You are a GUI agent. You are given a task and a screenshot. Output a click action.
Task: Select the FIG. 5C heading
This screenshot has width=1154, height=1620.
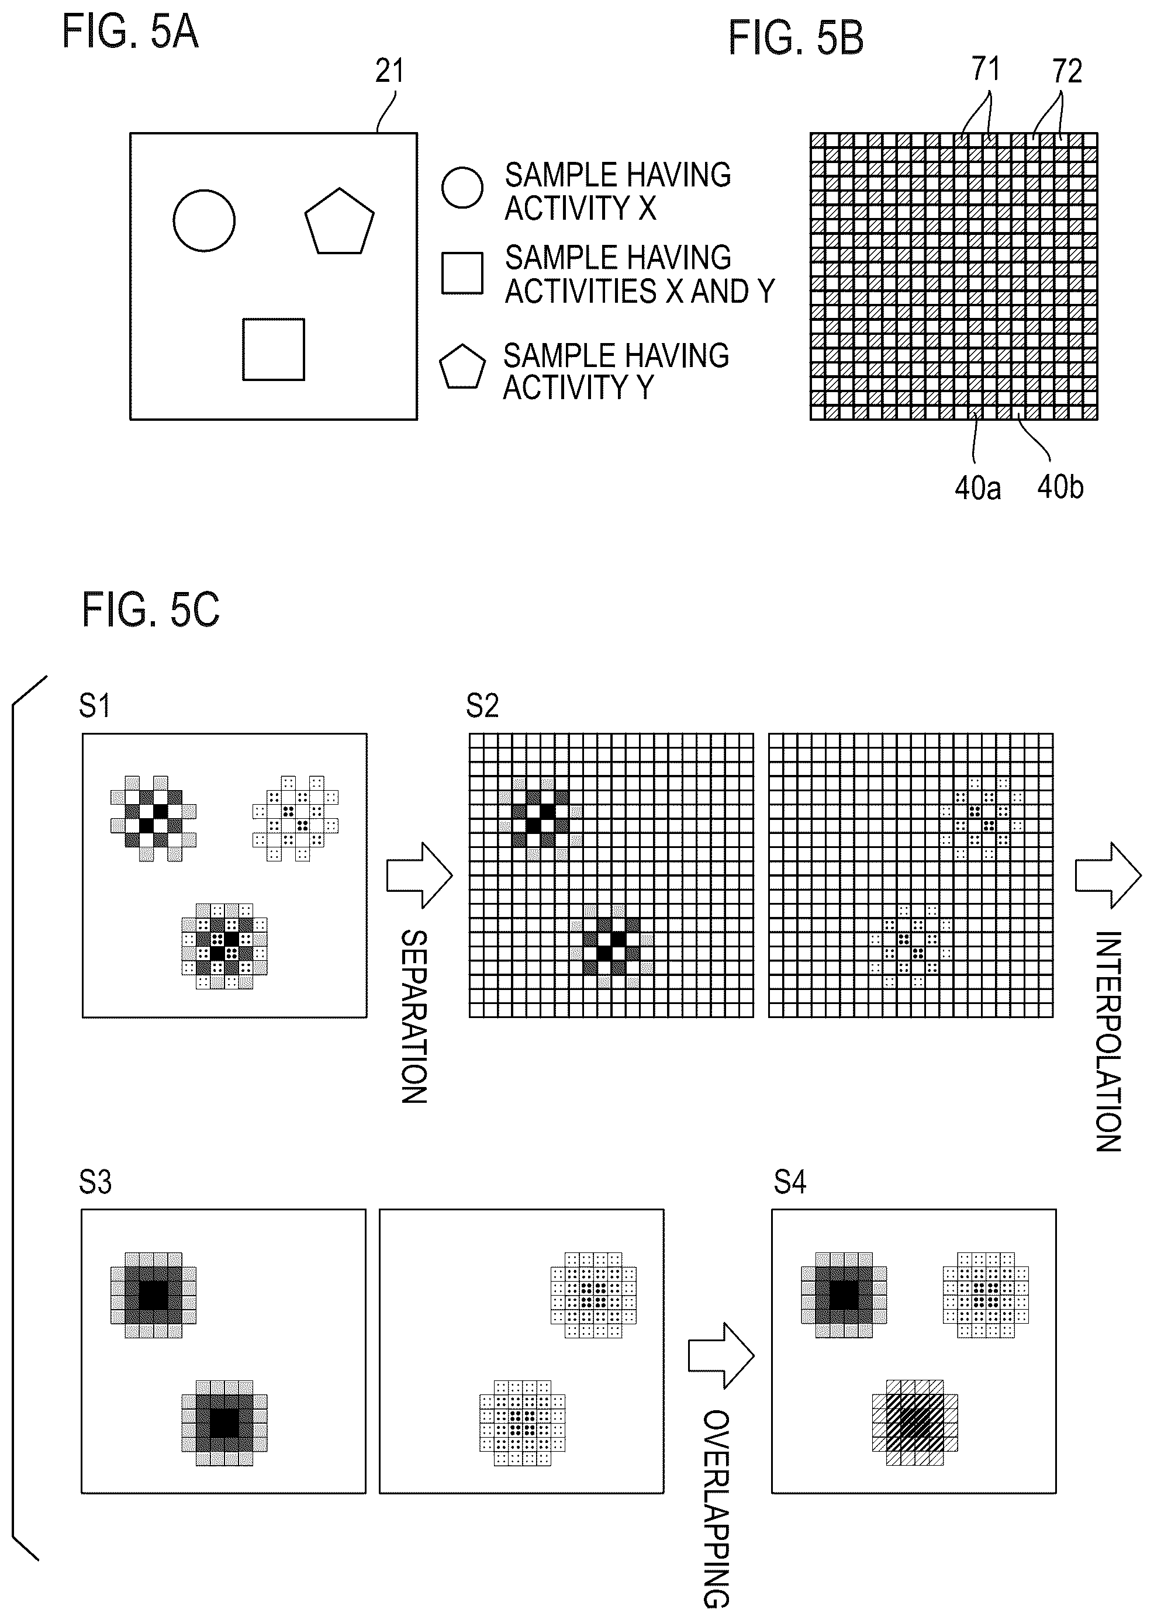(151, 610)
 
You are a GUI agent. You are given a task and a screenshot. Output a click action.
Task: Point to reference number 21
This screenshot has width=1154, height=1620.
(389, 71)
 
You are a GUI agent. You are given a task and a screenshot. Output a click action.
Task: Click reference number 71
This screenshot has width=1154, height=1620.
(986, 69)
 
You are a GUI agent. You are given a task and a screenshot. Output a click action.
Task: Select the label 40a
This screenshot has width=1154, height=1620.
(978, 489)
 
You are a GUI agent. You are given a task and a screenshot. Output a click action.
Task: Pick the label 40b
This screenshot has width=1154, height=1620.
(1060, 487)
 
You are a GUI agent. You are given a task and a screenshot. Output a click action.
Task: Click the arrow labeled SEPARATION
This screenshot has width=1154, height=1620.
(419, 875)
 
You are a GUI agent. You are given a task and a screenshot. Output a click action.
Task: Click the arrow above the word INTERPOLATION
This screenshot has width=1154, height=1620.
(1108, 875)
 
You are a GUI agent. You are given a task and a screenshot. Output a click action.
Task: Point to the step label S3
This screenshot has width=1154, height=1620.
(95, 1182)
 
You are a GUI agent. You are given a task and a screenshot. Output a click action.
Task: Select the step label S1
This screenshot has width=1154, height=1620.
(95, 706)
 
